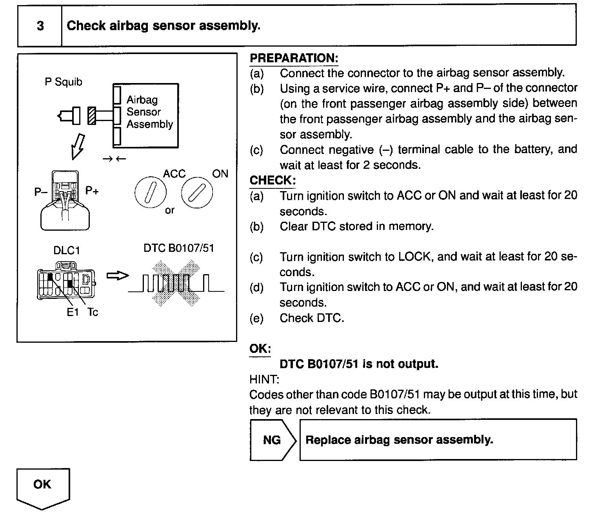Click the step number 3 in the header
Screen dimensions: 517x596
point(40,26)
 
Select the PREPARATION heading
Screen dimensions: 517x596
point(294,58)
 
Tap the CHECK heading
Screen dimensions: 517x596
point(273,181)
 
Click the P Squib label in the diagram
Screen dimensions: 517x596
point(64,82)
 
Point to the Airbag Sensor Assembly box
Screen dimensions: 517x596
point(146,116)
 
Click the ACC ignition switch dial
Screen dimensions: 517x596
point(150,192)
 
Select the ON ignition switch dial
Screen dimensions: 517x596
point(197,192)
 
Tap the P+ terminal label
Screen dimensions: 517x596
point(92,191)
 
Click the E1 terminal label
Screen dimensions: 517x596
point(73,312)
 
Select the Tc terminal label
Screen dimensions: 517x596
point(93,312)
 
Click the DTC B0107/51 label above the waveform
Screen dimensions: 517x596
point(179,248)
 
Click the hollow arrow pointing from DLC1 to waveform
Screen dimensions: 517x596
point(118,276)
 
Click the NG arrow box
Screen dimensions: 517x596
point(273,440)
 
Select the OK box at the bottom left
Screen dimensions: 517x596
point(42,486)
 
